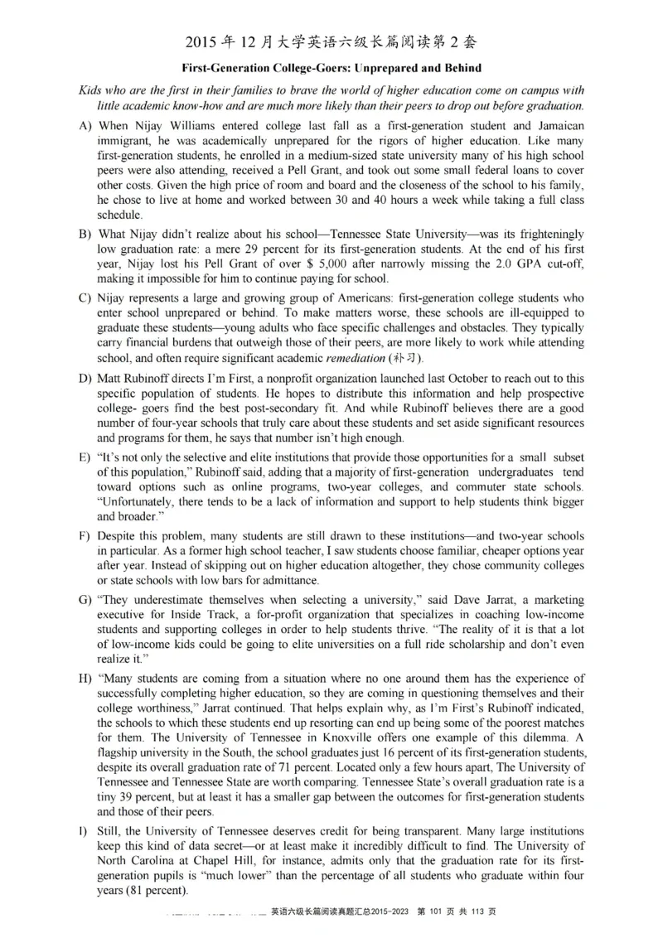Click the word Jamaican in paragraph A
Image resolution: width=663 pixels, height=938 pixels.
[x=559, y=126]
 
